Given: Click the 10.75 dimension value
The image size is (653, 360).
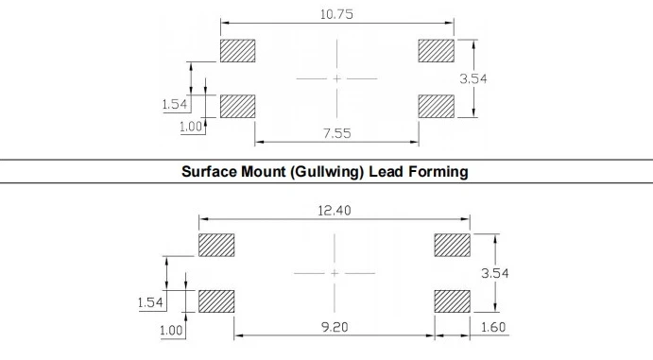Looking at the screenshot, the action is pos(336,14).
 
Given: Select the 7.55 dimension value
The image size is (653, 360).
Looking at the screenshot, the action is pos(337,133).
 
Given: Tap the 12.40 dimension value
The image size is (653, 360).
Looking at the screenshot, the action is pos(335,211).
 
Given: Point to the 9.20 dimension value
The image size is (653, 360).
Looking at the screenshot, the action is pos(335,327).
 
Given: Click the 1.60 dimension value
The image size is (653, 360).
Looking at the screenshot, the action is pos(493,327).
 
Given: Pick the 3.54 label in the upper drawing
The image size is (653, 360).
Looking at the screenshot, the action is pos(473,78).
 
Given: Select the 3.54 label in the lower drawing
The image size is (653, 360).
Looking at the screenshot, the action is pos(495,273).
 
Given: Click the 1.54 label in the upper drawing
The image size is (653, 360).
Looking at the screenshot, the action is pos(175,104).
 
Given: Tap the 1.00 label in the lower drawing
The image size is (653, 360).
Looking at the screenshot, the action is pos(171,331).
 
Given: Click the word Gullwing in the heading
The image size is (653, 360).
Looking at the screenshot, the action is pos(327,171).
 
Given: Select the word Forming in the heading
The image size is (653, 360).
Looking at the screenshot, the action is pos(438,171).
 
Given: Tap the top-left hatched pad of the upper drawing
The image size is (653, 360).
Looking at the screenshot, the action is pos(238,51).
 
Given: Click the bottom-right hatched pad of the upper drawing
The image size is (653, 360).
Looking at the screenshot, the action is pos(436,106).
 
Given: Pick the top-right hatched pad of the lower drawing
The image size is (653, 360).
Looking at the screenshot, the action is pos(453,245).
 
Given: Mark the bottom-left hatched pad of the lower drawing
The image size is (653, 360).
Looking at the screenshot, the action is pos(216,301).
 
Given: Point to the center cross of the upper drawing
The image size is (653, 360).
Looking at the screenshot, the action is pos(337,78).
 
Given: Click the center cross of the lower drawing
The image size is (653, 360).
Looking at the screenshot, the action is pos(335,273).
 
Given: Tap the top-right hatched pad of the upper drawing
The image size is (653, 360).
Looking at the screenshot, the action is pos(436,51).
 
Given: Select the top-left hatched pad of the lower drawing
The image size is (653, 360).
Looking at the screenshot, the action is pos(216,245).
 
